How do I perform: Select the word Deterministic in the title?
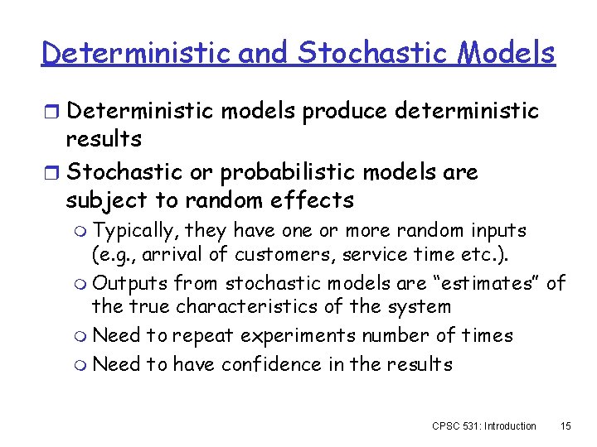(137, 53)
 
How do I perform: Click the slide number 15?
(565, 425)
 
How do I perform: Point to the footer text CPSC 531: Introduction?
(484, 425)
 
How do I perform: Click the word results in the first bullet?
(104, 138)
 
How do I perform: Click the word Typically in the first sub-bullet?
(136, 229)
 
